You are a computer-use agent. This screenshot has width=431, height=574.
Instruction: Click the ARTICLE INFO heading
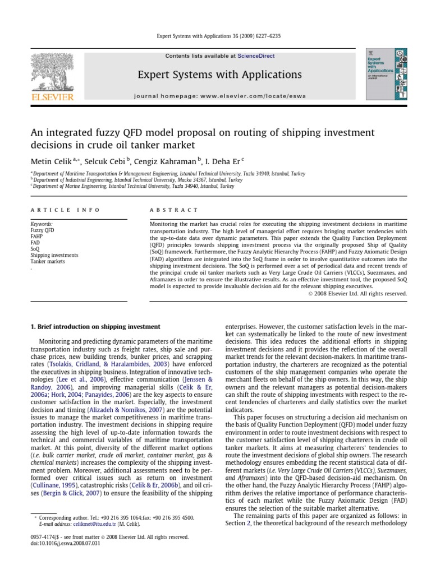[65, 210]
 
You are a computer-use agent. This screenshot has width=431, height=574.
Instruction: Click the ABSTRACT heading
[173, 210]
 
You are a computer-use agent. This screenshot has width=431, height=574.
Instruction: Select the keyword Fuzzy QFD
[43, 230]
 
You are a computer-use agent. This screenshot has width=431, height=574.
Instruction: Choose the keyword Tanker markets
[48, 261]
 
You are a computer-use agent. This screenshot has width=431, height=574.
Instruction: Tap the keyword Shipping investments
[54, 255]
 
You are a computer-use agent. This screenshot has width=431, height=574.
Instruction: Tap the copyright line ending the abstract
[357, 293]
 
